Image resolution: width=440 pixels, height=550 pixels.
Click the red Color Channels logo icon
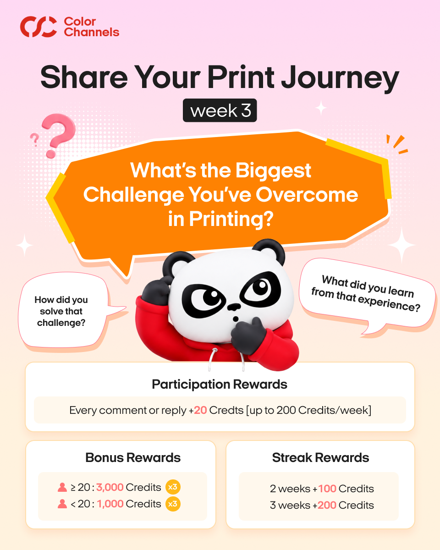[x=38, y=27]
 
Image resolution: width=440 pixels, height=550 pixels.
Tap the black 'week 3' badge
[x=220, y=110]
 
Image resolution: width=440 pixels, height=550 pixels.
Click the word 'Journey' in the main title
[x=340, y=78]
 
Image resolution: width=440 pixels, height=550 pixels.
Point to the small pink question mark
[x=34, y=139]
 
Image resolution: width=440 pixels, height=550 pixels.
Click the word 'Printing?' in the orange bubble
[x=221, y=219]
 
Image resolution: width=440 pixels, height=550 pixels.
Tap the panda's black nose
[x=234, y=307]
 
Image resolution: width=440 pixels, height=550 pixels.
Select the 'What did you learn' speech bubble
[x=366, y=294]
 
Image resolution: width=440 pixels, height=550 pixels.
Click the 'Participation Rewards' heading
[x=220, y=384]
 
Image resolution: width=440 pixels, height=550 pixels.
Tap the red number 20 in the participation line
[x=200, y=410]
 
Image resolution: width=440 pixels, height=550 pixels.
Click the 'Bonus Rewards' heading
[x=133, y=457]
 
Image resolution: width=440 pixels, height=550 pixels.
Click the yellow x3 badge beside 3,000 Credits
[x=173, y=487]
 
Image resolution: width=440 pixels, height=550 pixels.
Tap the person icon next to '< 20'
[x=62, y=504]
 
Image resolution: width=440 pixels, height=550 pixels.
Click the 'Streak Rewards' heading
[x=321, y=457]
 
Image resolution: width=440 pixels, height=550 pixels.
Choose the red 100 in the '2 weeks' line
[x=327, y=489]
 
